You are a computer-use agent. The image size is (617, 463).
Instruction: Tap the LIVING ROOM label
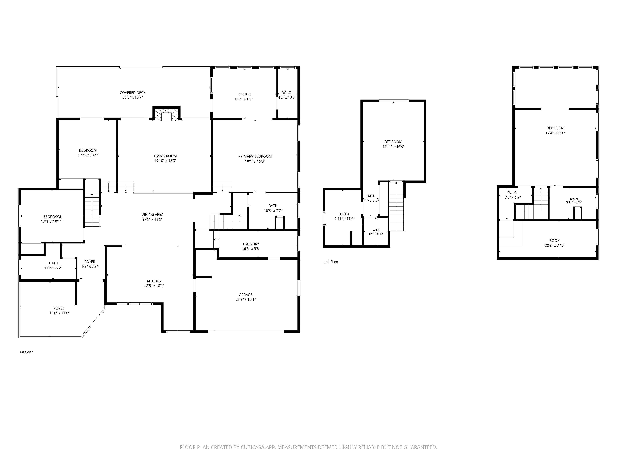(165, 156)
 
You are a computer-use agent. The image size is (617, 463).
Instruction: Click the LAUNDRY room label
(251, 244)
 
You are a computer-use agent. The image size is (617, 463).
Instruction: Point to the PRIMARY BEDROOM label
(255, 156)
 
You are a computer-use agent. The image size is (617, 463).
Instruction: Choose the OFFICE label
(245, 94)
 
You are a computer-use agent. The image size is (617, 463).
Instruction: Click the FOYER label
(90, 262)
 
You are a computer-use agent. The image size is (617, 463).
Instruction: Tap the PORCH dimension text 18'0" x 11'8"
(59, 313)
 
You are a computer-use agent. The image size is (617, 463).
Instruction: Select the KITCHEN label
(154, 281)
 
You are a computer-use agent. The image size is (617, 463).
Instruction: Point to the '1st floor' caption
(26, 352)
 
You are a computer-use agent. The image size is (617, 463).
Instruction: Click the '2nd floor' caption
(331, 262)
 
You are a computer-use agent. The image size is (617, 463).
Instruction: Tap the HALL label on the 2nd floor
(371, 196)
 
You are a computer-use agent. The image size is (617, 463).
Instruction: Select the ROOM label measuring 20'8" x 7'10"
(555, 241)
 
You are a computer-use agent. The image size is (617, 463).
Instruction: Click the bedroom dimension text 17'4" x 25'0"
(555, 133)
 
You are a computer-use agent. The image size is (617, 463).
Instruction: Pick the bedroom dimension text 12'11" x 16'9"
(393, 146)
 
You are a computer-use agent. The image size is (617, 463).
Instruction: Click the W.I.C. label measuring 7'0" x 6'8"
(513, 193)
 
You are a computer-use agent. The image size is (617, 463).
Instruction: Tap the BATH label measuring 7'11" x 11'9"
(344, 214)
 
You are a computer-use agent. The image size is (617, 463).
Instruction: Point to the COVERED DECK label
(133, 93)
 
